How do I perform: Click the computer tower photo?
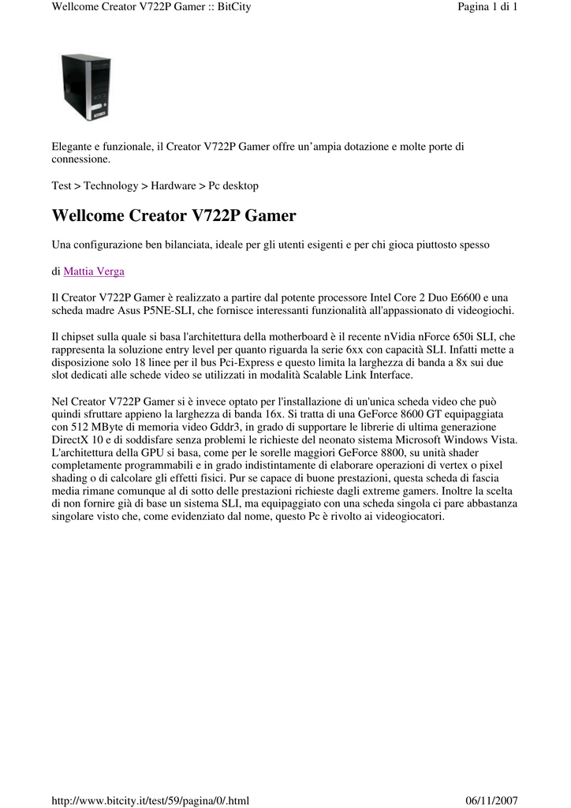pos(86,86)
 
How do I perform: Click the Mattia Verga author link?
pos(94,271)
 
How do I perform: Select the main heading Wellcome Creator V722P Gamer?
pos(174,215)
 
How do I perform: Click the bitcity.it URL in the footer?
pos(150,801)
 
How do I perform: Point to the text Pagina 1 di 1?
pos(487,7)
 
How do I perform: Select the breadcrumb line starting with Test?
pos(155,185)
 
